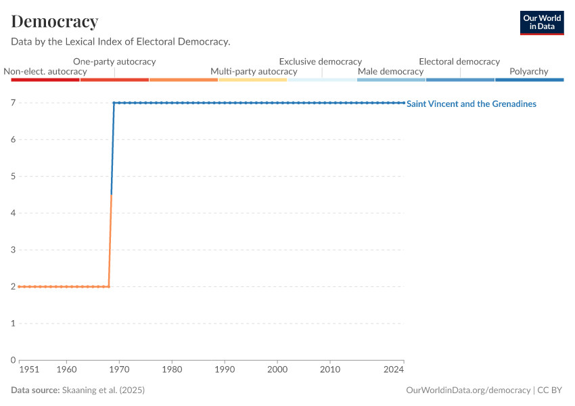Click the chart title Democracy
point(55,22)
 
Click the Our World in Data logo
point(541,22)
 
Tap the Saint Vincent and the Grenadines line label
point(471,104)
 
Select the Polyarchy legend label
point(528,72)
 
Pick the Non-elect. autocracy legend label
point(45,72)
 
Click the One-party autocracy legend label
point(114,62)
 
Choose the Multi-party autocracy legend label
point(254,72)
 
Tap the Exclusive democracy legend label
point(320,62)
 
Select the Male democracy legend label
point(390,72)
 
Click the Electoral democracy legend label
point(459,62)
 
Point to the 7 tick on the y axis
point(13,103)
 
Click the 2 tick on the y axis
point(13,287)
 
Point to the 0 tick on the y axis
point(13,360)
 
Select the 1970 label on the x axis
point(119,370)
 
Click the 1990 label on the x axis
point(225,370)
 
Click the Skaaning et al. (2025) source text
point(103,390)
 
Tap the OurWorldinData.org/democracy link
point(468,390)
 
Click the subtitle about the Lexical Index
point(120,42)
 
